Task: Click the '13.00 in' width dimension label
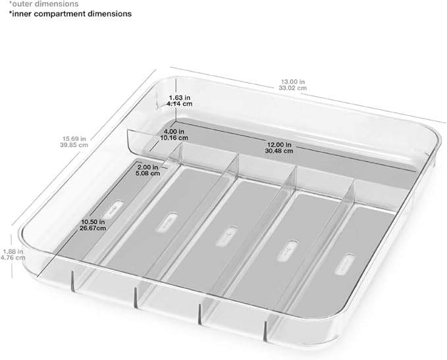[x=292, y=82]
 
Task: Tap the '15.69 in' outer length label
[x=74, y=139]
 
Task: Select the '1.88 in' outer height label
[x=13, y=251]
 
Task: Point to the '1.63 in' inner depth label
[x=179, y=98]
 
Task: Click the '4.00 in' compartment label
[x=174, y=132]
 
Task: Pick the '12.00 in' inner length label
[x=279, y=145]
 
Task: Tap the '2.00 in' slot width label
[x=147, y=167]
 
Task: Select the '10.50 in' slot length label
[x=93, y=222]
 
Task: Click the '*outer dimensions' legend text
[x=43, y=4]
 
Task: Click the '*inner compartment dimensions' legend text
[x=70, y=14]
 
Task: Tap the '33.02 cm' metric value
[x=293, y=88]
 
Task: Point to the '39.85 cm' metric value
[x=74, y=145]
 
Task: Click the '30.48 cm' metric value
[x=279, y=151]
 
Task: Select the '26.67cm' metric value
[x=93, y=228]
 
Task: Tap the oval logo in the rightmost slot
[x=344, y=265]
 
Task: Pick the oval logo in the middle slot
[x=226, y=236]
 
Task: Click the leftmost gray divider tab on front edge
[x=72, y=281]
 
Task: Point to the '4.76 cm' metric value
[x=13, y=258]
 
